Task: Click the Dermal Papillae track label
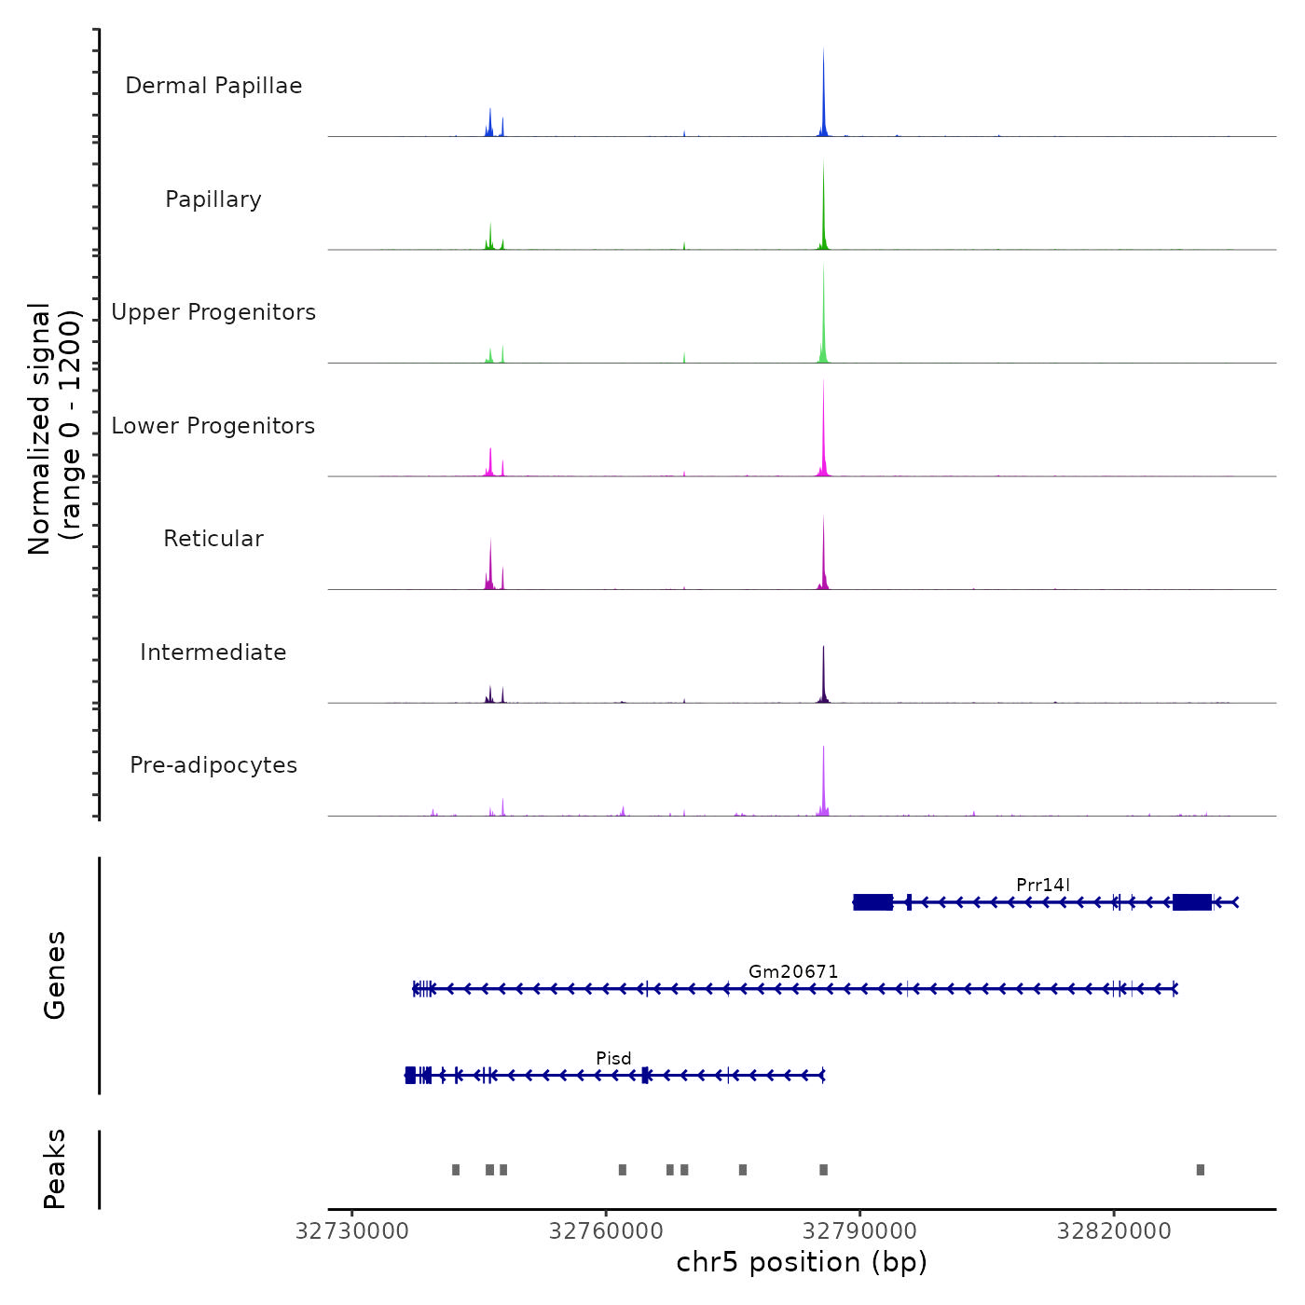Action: tap(213, 86)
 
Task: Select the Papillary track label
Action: tap(213, 199)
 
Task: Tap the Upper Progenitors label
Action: tap(213, 312)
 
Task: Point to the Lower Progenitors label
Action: tap(213, 426)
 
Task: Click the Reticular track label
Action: tap(213, 539)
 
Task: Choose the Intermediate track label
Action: tap(213, 652)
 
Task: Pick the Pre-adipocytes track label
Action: tap(213, 765)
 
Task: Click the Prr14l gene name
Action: tap(1043, 885)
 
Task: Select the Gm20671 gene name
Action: tap(793, 971)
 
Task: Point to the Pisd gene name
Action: tap(613, 1058)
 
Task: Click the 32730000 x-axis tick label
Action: tap(352, 1231)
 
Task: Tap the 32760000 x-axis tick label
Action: tap(606, 1231)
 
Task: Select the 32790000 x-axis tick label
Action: tap(859, 1231)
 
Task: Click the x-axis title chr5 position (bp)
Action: tap(802, 1262)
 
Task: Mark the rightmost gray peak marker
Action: tap(1200, 1170)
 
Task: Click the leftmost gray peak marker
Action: tap(456, 1170)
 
